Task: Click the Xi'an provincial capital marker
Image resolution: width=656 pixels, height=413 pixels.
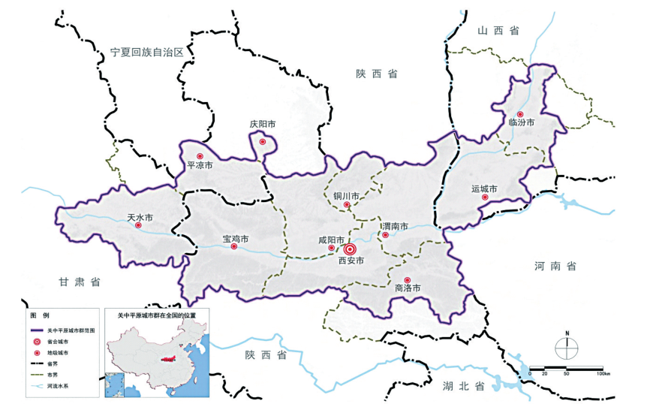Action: coord(351,249)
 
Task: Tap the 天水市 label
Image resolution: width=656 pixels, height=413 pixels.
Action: coord(140,217)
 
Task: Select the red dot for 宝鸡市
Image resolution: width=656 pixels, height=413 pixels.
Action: coord(233,246)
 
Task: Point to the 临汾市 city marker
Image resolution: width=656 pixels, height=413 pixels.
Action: coord(519,114)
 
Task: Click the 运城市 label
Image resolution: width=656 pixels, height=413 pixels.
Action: coord(484,188)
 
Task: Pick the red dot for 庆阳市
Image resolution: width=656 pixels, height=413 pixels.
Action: coord(262,142)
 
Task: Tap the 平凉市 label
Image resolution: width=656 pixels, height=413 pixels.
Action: coord(200,165)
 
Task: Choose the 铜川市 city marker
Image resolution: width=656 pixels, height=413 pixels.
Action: coord(347,205)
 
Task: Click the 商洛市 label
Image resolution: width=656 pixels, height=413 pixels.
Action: coord(408,288)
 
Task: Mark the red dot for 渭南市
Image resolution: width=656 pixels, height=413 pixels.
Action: coord(386,235)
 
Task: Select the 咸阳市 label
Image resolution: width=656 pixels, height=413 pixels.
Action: coord(330,240)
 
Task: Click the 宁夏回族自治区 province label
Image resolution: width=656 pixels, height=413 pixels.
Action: coord(146,51)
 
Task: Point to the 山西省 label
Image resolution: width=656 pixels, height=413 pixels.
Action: coord(498,30)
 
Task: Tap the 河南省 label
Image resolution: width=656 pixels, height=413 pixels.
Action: coord(555,266)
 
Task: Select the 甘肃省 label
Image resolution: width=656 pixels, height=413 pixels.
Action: coord(80,282)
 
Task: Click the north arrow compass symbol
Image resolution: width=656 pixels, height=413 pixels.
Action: coord(567,347)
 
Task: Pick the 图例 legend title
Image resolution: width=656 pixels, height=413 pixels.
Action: coord(38,315)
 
